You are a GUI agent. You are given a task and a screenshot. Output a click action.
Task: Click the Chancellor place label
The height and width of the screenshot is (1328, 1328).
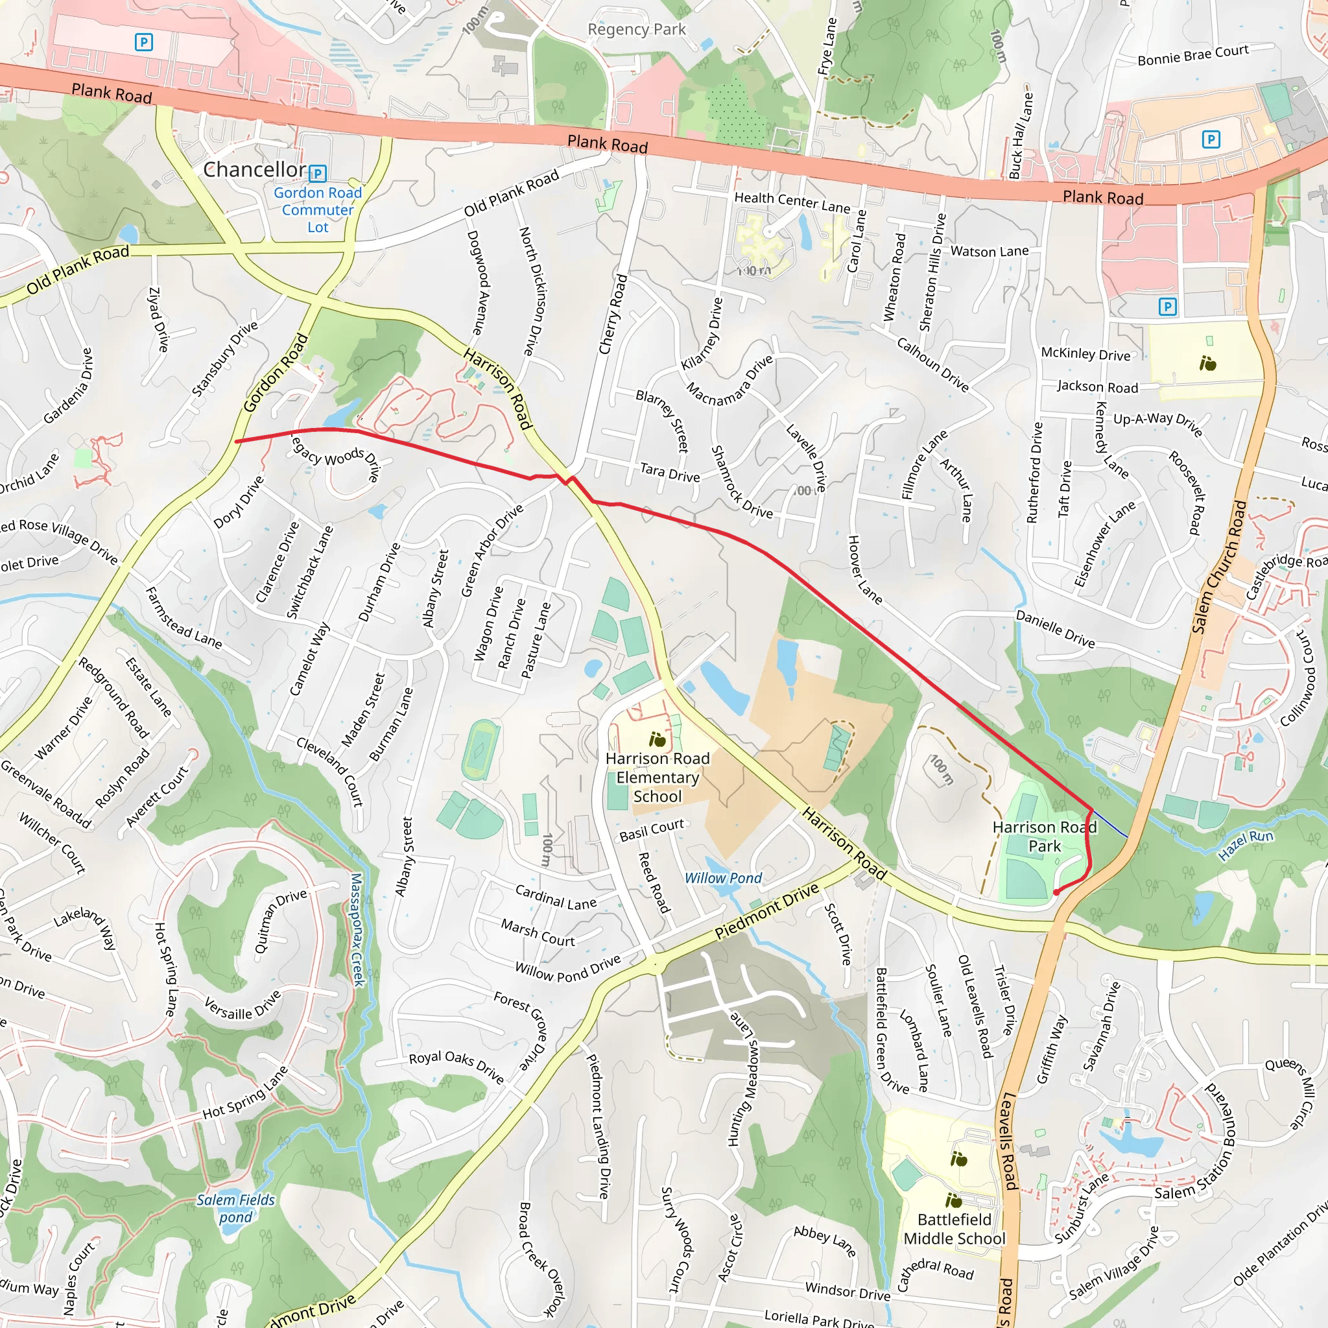coord(254,169)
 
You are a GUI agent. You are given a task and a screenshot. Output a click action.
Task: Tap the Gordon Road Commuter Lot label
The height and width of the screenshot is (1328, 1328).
coord(318,209)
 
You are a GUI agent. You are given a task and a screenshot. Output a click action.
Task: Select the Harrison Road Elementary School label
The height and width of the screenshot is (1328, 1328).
coord(657,777)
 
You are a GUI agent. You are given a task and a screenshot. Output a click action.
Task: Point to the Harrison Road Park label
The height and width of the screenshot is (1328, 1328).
coord(1044,836)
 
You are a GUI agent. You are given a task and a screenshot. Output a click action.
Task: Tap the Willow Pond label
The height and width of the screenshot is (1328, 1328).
coord(723,878)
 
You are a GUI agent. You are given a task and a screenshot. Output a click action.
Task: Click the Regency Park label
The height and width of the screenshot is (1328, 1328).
coord(637,30)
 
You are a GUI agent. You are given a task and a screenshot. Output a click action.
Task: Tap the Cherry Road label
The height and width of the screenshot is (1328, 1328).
coord(613,314)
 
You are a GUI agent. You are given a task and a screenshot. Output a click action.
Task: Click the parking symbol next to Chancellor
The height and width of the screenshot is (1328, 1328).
coord(318,172)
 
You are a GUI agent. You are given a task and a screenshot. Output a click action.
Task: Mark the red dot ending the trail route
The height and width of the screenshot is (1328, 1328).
coord(1056,892)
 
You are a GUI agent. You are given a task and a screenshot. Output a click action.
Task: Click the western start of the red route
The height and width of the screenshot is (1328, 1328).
coord(237,442)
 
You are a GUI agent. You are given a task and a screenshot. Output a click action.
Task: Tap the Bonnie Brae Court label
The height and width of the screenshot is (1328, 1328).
coord(1192,55)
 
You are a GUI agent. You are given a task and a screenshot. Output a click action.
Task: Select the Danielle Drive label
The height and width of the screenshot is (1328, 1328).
coord(1055,629)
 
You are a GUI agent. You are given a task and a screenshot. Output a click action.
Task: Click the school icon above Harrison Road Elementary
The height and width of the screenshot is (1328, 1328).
coord(657,740)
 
